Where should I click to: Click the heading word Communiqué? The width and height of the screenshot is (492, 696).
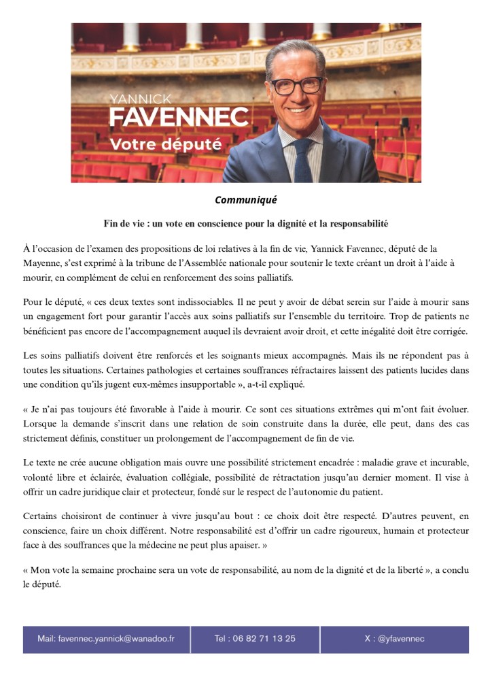(245, 200)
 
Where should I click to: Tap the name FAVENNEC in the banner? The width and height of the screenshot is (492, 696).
(179, 117)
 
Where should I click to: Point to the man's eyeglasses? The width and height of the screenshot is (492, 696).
(296, 85)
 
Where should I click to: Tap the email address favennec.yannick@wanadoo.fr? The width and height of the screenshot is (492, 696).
(116, 639)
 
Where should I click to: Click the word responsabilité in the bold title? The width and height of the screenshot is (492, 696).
(354, 223)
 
